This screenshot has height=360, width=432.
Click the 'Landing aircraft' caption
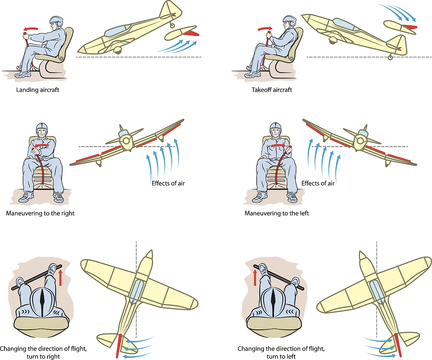pyautogui.click(x=37, y=90)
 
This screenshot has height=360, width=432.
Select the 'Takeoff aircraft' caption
pyautogui.click(x=272, y=90)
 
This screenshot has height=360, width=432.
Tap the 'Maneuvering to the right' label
pyautogui.click(x=40, y=213)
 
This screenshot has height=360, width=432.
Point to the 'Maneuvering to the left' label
pyautogui.click(x=276, y=213)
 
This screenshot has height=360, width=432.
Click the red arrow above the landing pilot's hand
pyautogui.click(x=30, y=29)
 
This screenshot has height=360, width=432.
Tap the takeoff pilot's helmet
pyautogui.click(x=289, y=21)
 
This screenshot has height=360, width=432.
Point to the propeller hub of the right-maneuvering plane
pyautogui.click(x=125, y=140)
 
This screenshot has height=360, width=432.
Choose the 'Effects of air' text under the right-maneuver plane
pyautogui.click(x=168, y=183)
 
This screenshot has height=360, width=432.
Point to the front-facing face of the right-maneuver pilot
pyautogui.click(x=42, y=133)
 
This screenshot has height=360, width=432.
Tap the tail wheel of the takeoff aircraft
pyautogui.click(x=391, y=57)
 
